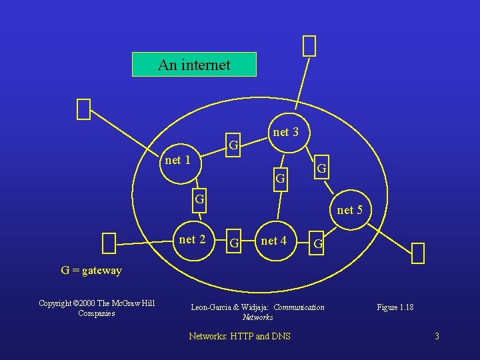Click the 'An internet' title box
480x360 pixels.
194,65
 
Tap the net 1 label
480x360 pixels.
178,160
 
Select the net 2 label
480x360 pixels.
193,239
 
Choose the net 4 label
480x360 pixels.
274,240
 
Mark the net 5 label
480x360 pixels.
350,210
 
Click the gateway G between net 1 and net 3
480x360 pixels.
233,145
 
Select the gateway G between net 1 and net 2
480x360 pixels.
199,198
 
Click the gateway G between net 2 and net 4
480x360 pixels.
234,241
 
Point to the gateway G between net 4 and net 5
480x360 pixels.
319,244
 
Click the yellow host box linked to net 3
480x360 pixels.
309,46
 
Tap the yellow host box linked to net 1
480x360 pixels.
83,109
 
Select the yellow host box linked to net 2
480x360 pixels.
109,243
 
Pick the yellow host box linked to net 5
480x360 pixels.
418,253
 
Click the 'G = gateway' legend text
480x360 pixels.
91,271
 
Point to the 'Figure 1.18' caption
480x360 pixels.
395,307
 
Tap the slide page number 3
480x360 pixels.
437,336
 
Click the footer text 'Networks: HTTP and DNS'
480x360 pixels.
240,336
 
